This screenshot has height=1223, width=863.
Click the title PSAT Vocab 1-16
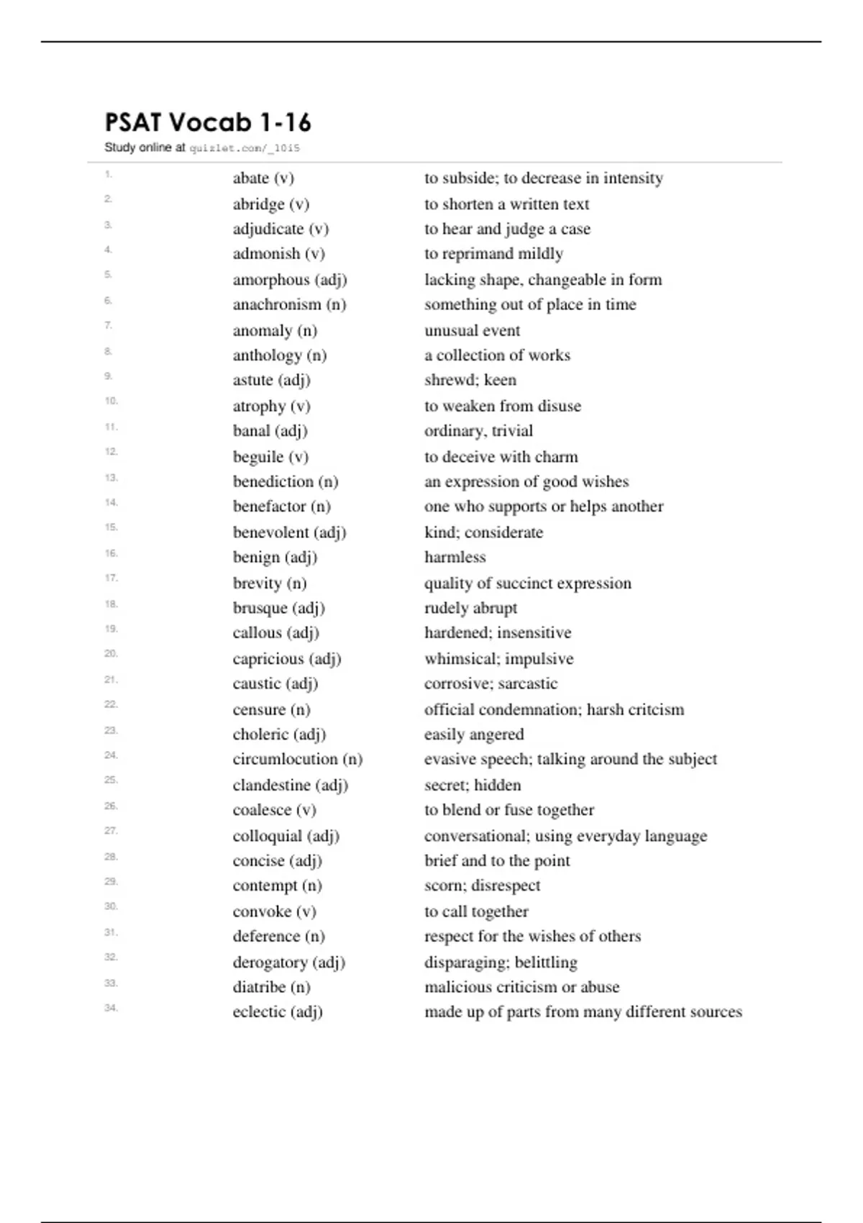pos(208,123)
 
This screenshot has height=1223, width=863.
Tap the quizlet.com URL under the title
pos(245,148)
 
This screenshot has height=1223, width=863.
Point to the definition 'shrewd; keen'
pos(470,380)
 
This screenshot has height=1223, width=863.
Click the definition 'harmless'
pos(455,557)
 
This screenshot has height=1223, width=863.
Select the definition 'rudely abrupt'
pos(470,608)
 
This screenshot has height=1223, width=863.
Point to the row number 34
pos(111,1008)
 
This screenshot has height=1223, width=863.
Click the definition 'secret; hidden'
pos(472,785)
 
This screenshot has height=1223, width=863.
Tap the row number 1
pos(109,174)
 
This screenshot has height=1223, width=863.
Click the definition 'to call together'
pos(476,911)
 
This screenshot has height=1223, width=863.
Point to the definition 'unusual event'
pos(472,331)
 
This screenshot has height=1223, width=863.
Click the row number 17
pos(111,578)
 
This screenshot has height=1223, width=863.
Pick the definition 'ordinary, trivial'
pos(478,431)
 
